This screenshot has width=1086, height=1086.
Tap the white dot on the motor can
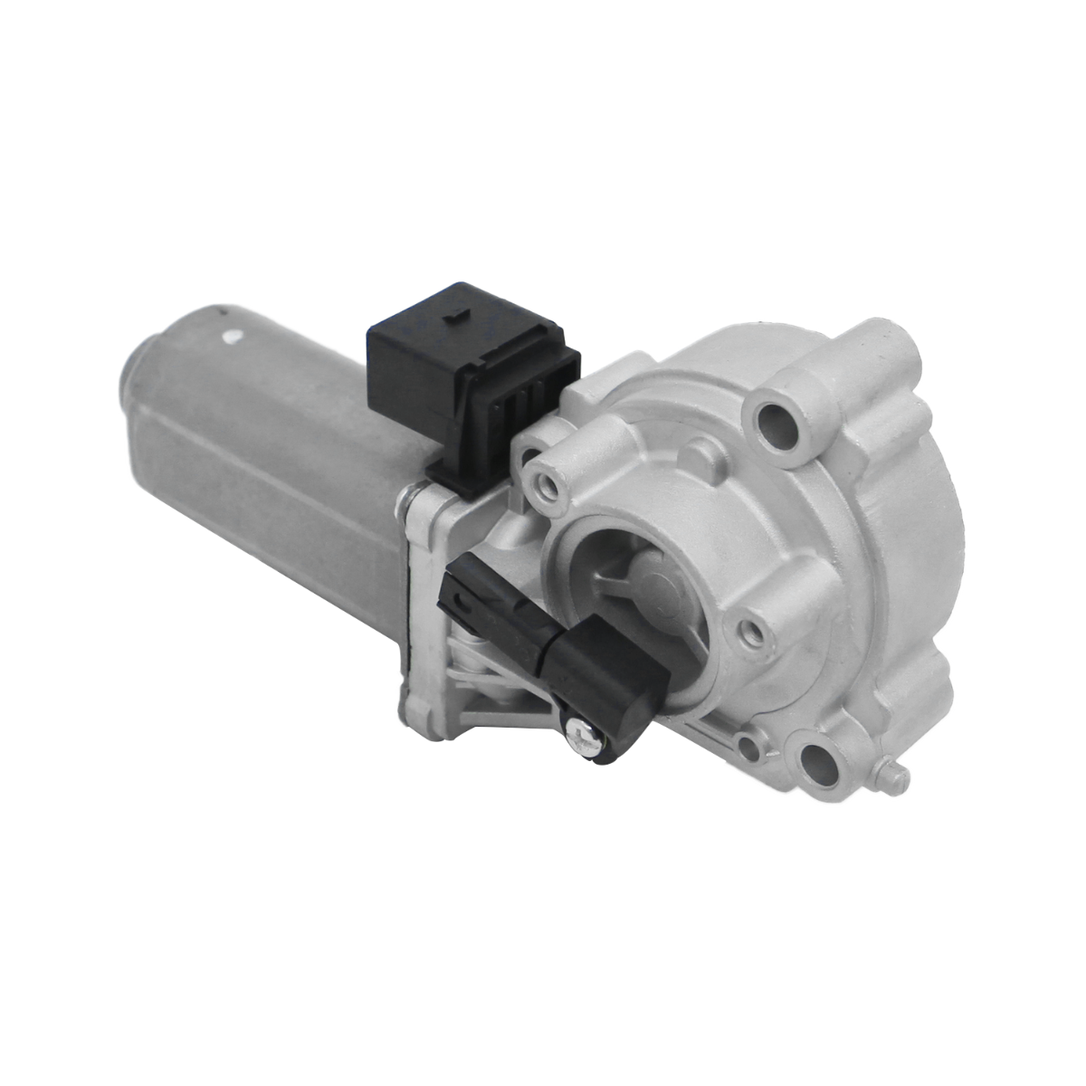(x=233, y=337)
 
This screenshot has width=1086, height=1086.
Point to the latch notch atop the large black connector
(x=459, y=315)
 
